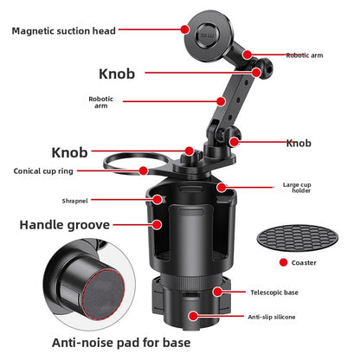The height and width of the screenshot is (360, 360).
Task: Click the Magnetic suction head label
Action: pyautogui.click(x=64, y=31)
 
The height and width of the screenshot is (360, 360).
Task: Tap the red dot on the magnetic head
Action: pyautogui.click(x=185, y=29)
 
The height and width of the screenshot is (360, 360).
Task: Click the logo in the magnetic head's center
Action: pyautogui.click(x=208, y=35)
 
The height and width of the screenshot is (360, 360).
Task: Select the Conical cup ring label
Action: pyautogui.click(x=43, y=171)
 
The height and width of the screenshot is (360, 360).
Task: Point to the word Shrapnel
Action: pyautogui.click(x=75, y=201)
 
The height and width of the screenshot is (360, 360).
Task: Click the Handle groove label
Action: pyautogui.click(x=65, y=225)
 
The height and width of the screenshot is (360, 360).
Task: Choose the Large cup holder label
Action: pyautogui.click(x=297, y=188)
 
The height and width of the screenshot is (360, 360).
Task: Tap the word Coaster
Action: pyautogui.click(x=304, y=263)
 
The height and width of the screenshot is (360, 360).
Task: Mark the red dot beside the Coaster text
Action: pyautogui.click(x=284, y=262)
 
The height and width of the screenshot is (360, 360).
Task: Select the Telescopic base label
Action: pyautogui.click(x=274, y=292)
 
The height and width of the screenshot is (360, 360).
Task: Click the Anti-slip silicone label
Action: pyautogui.click(x=272, y=317)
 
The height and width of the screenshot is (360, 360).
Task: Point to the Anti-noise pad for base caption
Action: pyautogui.click(x=121, y=343)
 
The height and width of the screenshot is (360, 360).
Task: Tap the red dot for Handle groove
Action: pyautogui.click(x=157, y=224)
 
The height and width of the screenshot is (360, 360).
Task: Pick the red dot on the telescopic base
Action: pyautogui.click(x=218, y=292)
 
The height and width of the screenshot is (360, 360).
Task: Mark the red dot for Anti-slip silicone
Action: pyautogui.click(x=194, y=316)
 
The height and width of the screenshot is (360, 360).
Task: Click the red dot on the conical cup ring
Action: pyautogui.click(x=144, y=170)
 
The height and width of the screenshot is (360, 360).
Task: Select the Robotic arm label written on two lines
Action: pyautogui.click(x=101, y=102)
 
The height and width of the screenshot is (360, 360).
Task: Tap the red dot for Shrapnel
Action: pyautogui.click(x=157, y=199)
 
